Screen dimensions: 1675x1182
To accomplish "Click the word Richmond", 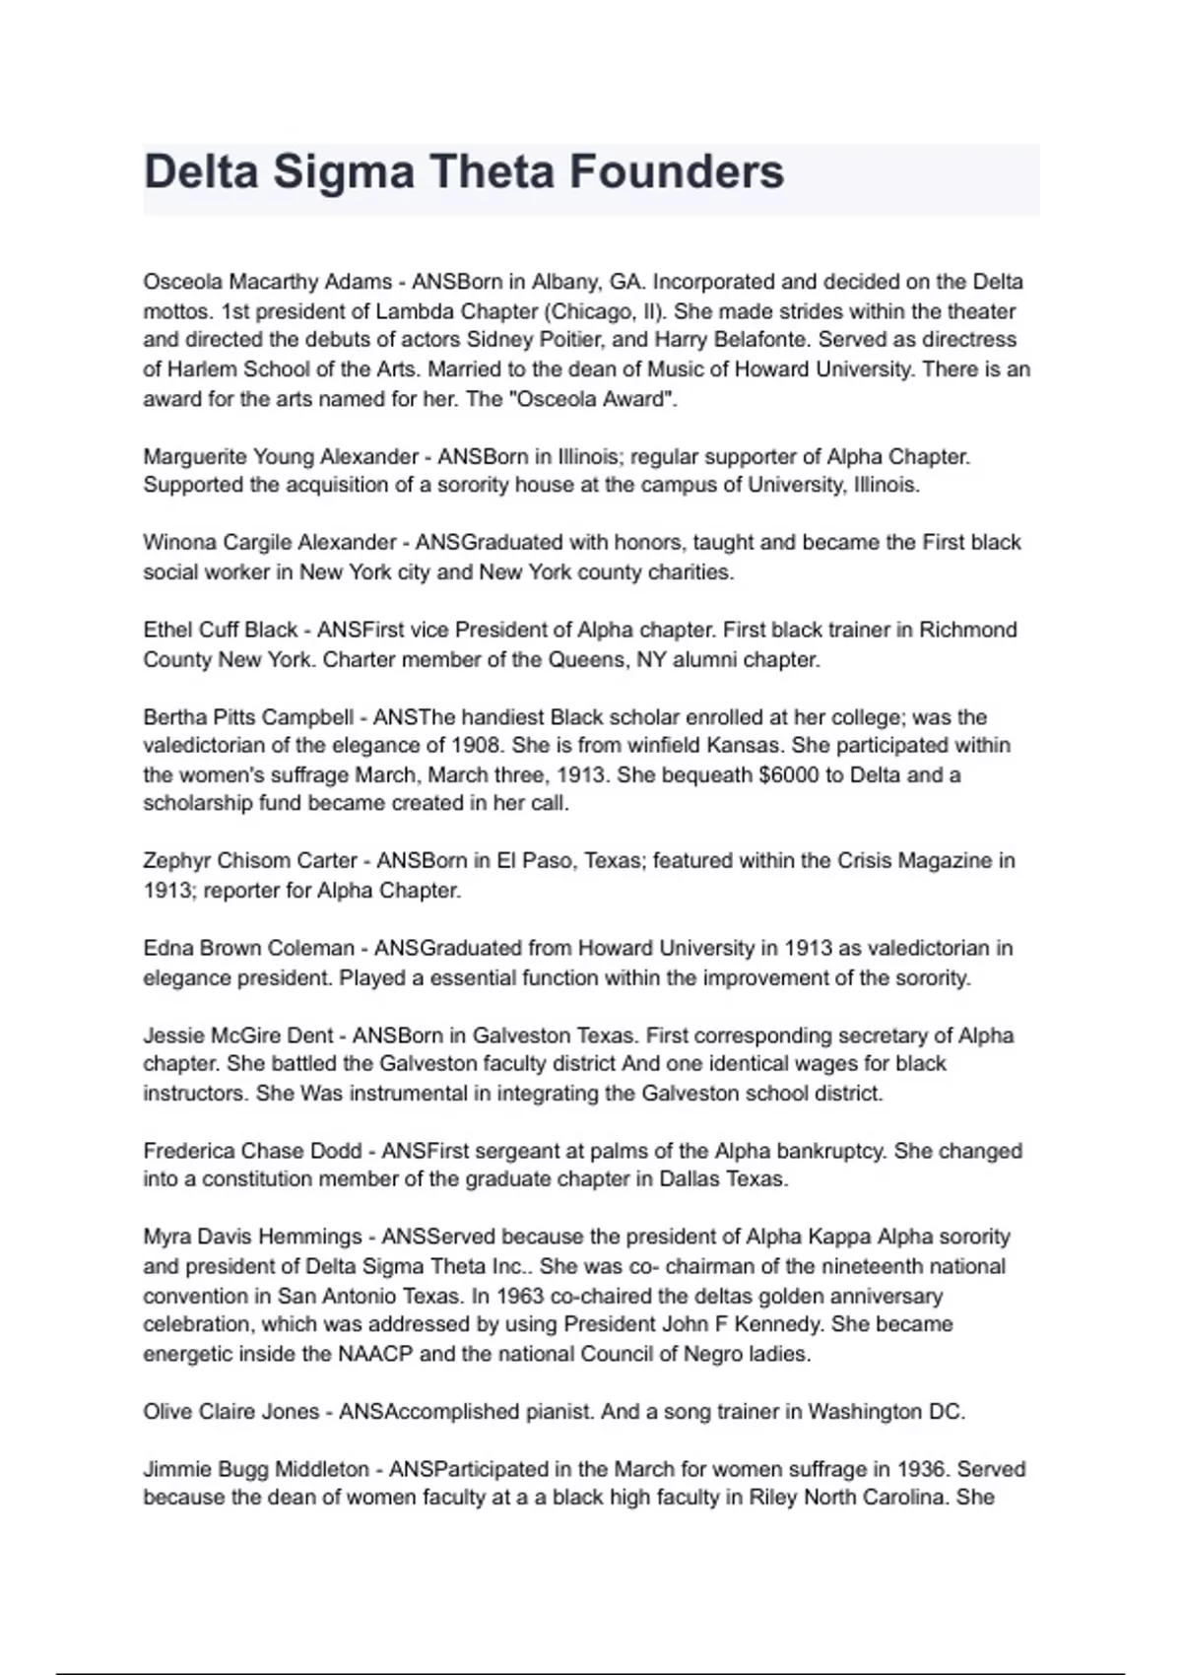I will point(967,630).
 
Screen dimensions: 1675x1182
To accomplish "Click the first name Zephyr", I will point(176,861).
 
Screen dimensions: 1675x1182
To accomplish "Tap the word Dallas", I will point(689,1179).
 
